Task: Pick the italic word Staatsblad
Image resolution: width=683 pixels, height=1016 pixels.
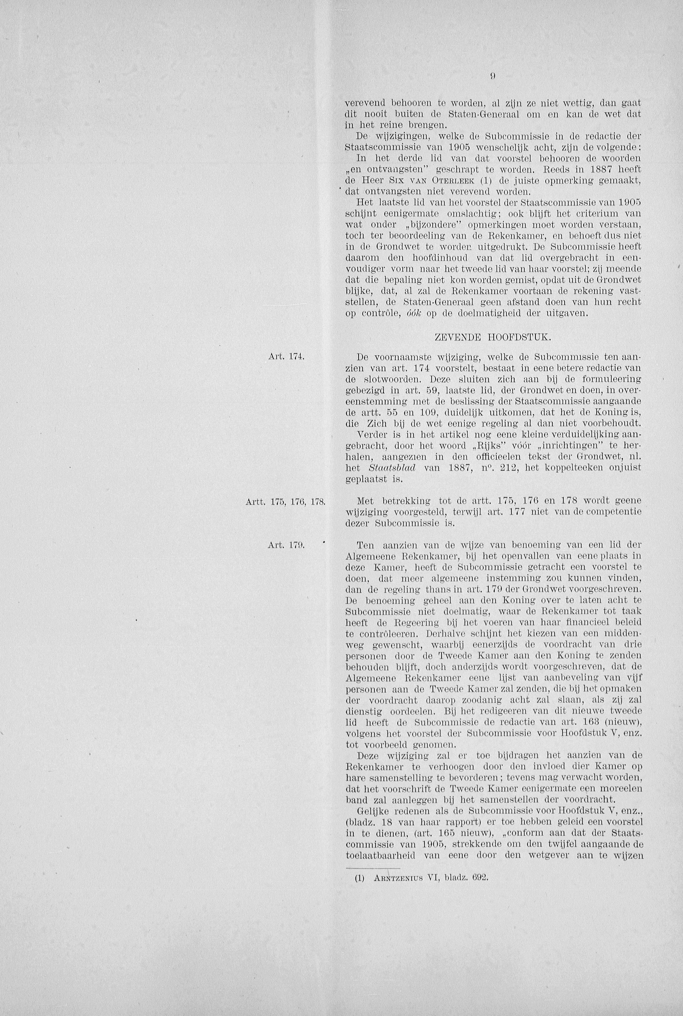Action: click(392, 468)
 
